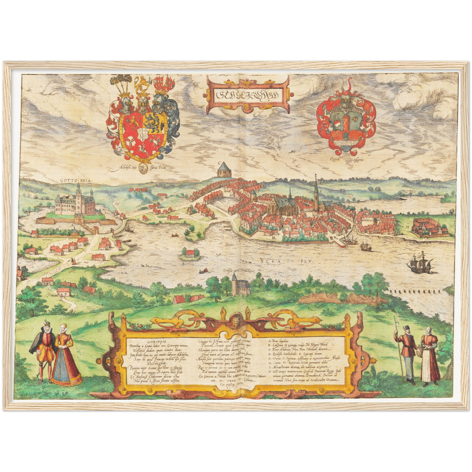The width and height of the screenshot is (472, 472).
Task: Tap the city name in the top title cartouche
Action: coord(247,94)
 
